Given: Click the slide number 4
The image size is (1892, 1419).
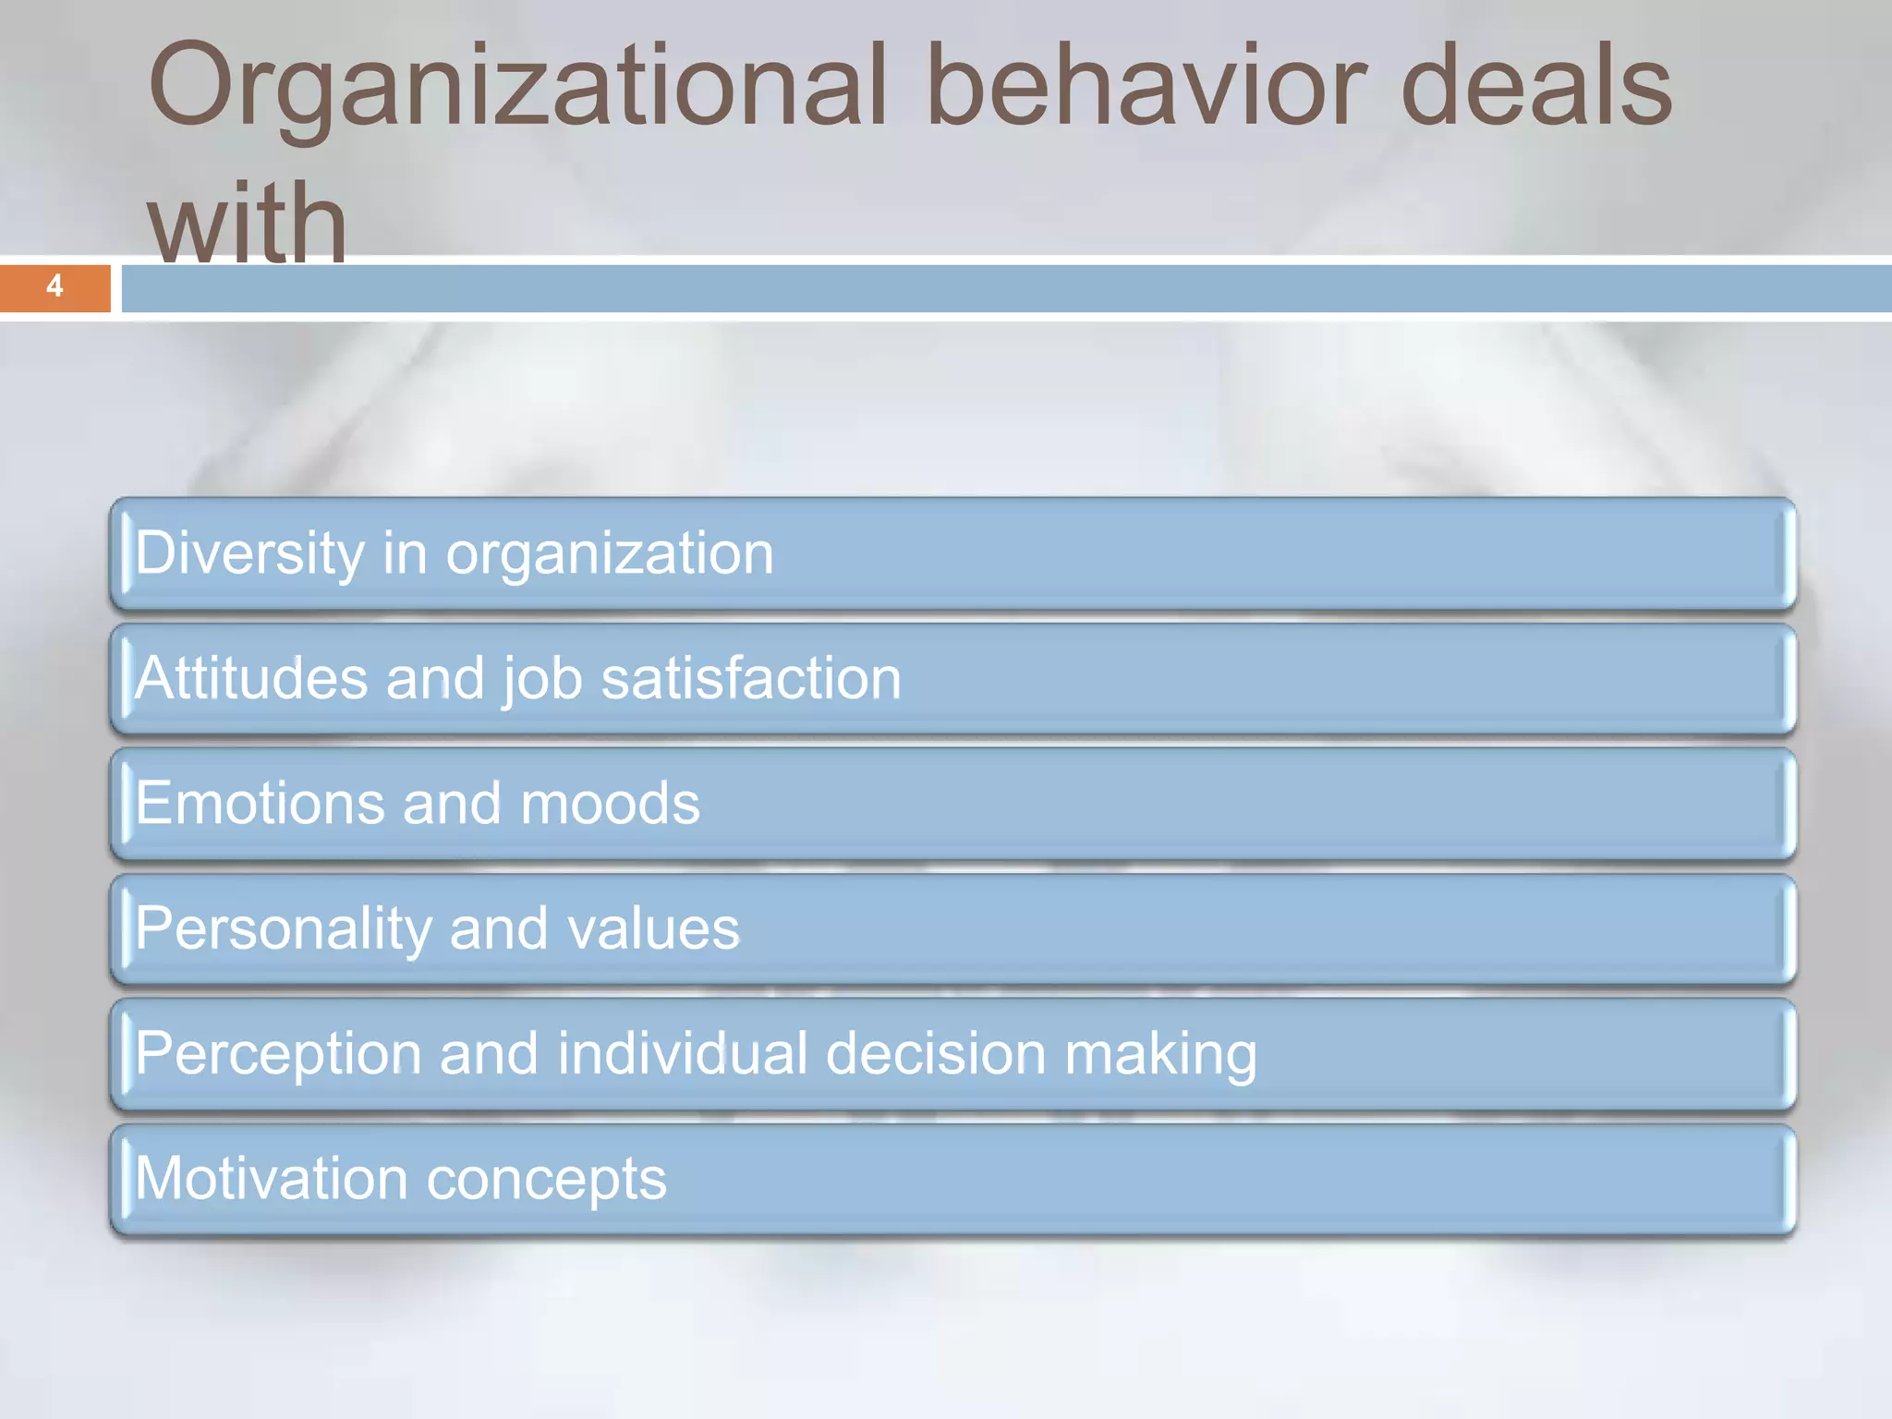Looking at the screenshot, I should pos(55,286).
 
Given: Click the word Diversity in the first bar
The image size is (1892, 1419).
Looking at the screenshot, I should pos(249,553).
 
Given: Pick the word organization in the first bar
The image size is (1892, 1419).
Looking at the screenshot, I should pos(610,555).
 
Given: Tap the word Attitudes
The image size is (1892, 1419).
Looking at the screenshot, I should pos(251,678).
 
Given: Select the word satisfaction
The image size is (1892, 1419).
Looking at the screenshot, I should pos(751,678).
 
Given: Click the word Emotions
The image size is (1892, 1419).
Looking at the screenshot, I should pos(260,803).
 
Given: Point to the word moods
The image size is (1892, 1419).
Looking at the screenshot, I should pos(610,803).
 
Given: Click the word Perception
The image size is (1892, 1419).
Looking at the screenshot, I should pos(278,1054).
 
